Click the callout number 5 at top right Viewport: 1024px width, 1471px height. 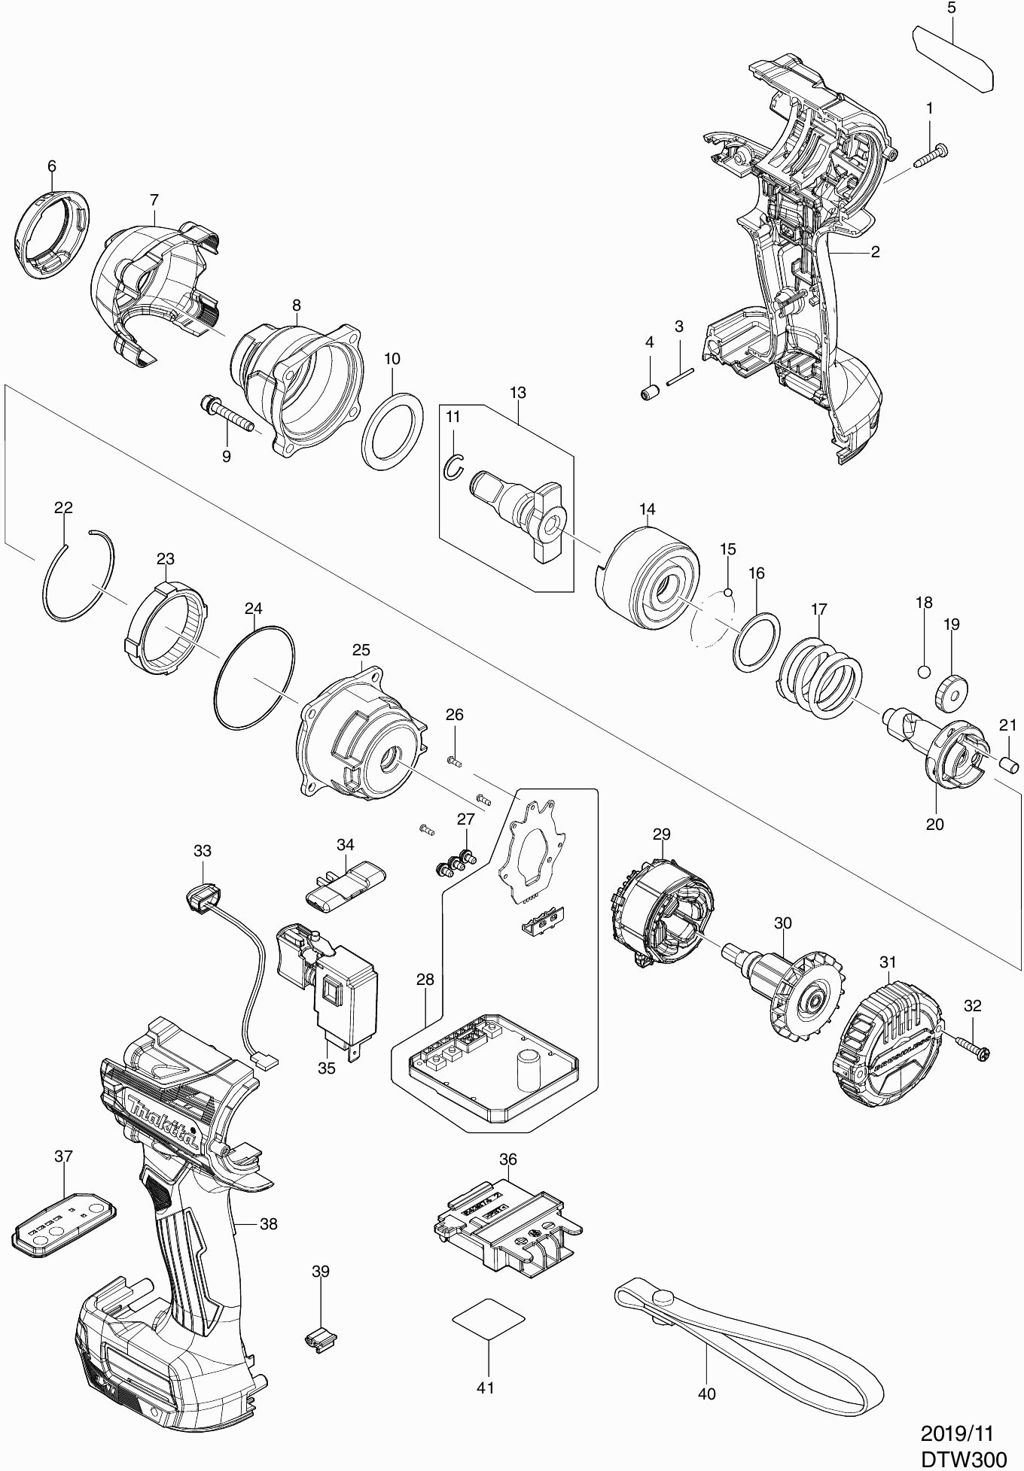click(x=952, y=8)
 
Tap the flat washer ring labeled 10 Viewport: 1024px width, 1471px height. click(x=391, y=431)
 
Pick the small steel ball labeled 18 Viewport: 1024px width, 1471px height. click(x=925, y=670)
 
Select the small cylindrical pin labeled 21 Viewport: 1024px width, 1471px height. click(x=1009, y=764)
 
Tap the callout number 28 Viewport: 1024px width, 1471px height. click(x=425, y=980)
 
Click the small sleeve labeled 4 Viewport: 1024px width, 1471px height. click(x=650, y=393)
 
